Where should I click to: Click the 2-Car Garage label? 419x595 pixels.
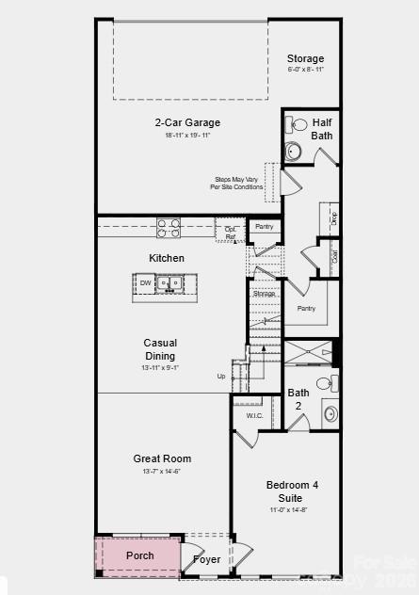tap(187, 122)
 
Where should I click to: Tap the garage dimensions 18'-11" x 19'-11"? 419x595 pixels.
tap(187, 136)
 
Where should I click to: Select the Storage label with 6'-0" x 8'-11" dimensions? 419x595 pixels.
tap(305, 58)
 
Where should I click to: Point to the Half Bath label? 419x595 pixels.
tap(322, 129)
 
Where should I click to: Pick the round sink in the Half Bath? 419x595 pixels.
tap(294, 151)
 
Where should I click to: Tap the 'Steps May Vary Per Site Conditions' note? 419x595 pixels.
tap(237, 183)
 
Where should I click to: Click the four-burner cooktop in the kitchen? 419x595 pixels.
tap(169, 227)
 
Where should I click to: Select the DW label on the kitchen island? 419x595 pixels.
tap(146, 282)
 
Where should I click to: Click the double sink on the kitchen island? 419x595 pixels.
tap(170, 282)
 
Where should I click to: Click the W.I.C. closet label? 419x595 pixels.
tap(254, 415)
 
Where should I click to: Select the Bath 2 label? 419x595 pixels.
tap(298, 398)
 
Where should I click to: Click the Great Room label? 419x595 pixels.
tap(161, 458)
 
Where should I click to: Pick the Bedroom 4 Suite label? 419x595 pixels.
tap(292, 490)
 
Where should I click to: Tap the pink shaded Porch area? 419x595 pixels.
tap(138, 555)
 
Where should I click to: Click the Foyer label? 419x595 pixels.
tap(207, 559)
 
